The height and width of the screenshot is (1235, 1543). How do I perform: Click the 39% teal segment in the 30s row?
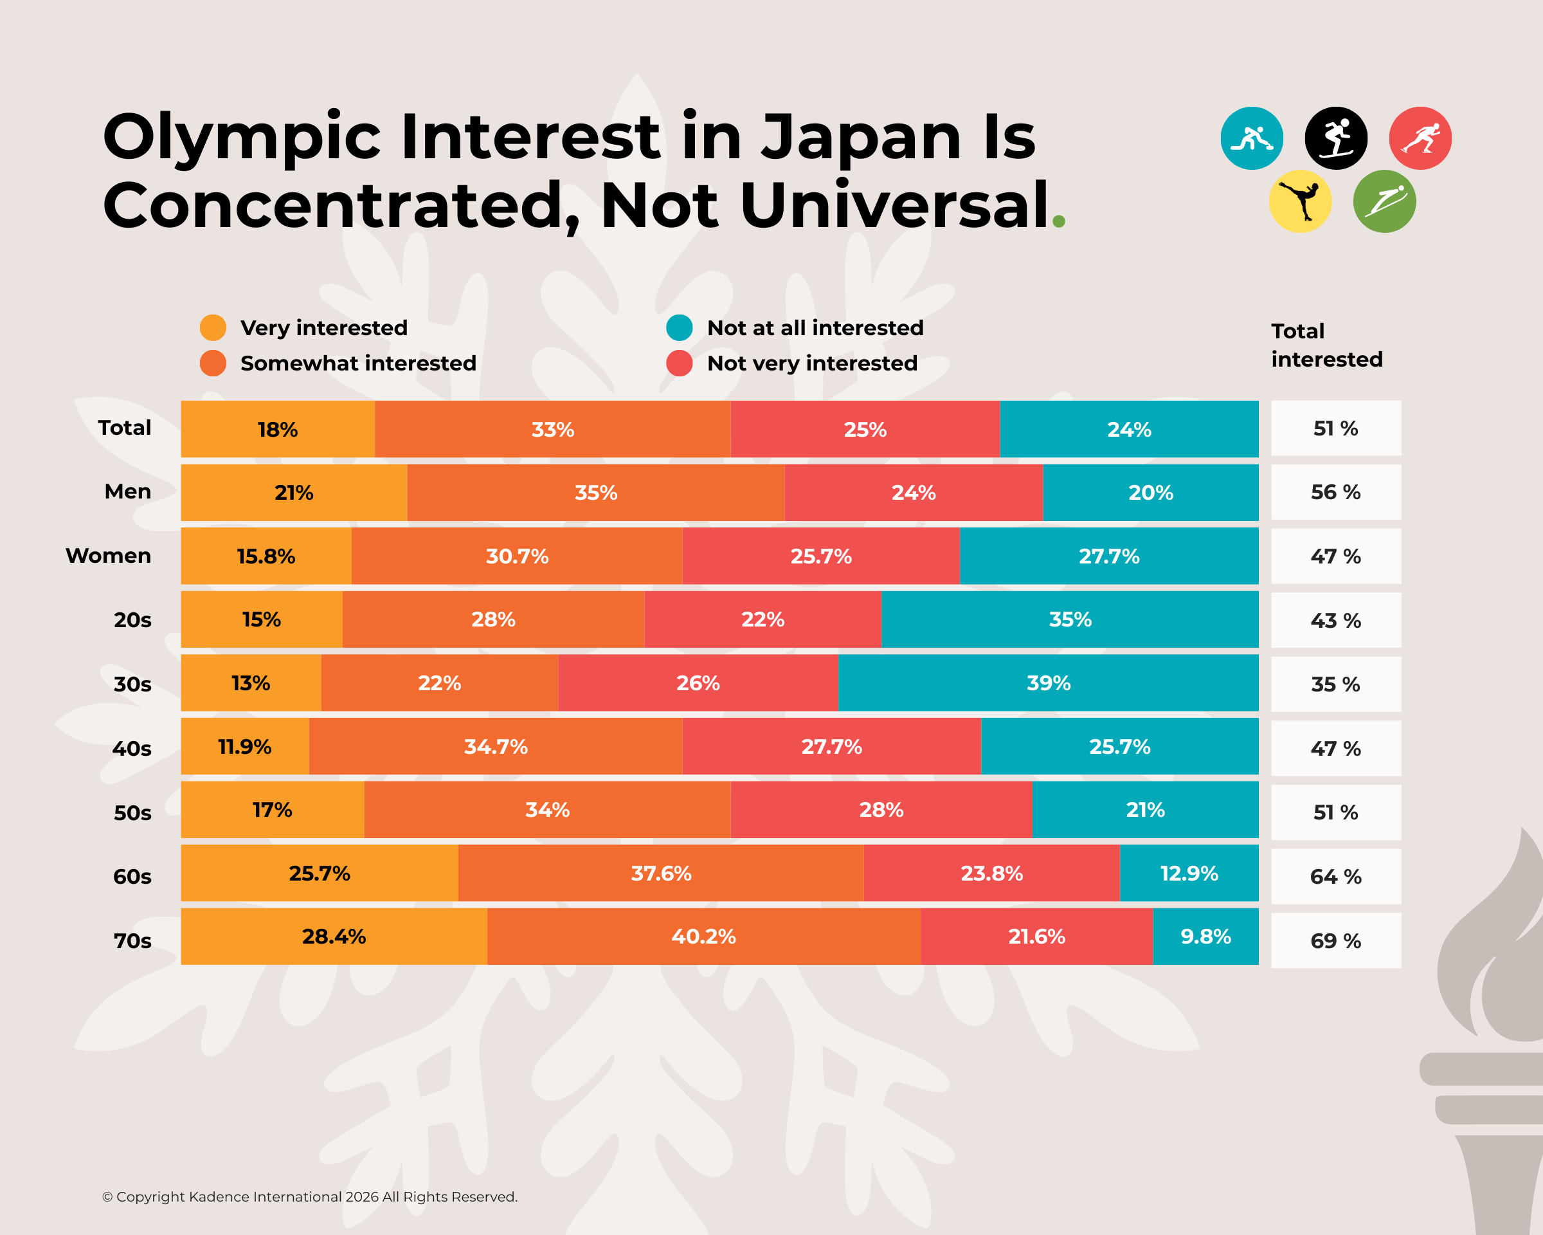coord(1048,683)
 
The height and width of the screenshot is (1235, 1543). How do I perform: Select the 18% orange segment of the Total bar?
coord(278,429)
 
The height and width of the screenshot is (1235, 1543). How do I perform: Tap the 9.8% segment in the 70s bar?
coord(1205,937)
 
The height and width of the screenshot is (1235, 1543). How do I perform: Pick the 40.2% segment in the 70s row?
coord(703,937)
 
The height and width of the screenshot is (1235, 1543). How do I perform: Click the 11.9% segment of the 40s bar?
coord(245,747)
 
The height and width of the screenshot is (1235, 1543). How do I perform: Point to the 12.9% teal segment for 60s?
coord(1189,874)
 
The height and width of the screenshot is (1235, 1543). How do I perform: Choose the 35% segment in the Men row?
coord(595,493)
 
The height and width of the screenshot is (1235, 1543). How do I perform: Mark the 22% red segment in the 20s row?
coord(762,619)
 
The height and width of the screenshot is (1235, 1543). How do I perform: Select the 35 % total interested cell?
coord(1335,684)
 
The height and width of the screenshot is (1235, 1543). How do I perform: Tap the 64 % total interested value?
coord(1335,876)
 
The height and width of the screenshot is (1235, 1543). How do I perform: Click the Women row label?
coord(108,556)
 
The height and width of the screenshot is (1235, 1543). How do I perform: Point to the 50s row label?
coord(132,812)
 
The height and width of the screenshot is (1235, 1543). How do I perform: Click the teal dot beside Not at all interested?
coord(679,327)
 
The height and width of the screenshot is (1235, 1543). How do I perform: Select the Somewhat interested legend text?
coord(358,363)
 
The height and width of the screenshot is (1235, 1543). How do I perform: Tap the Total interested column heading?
coord(1326,345)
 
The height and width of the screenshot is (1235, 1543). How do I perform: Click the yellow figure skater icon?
coord(1300,201)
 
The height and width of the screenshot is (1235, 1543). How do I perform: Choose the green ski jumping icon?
coord(1384,201)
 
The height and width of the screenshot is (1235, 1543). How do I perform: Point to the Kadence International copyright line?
coord(309,1196)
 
